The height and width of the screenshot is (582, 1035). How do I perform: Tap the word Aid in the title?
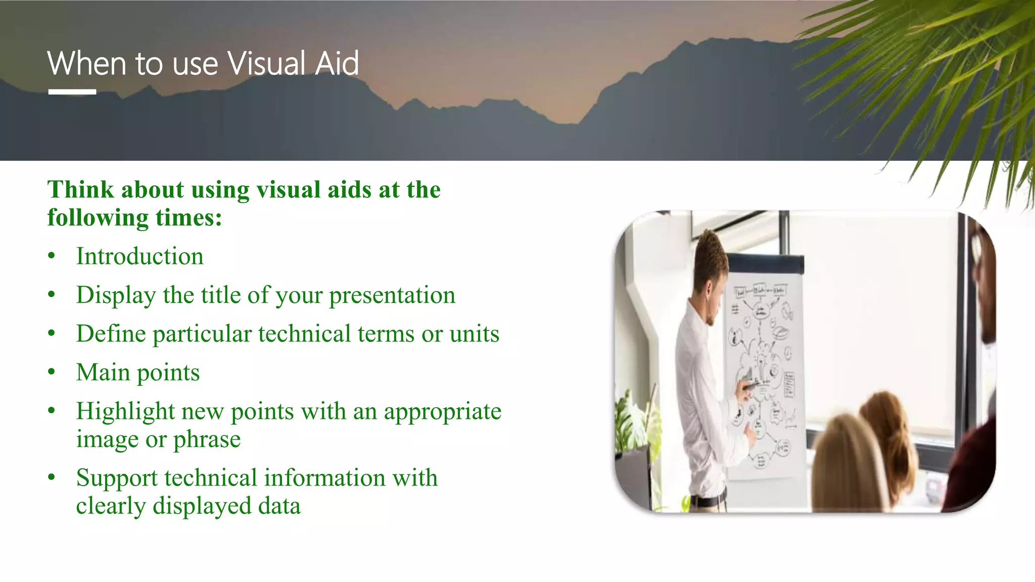click(337, 64)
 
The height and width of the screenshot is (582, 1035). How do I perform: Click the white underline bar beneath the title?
click(72, 92)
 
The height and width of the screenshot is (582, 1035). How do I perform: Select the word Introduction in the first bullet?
click(139, 256)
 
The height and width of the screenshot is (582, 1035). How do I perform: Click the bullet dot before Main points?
click(52, 372)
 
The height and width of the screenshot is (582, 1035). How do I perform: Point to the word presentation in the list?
click(392, 295)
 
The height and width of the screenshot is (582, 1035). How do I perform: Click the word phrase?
click(207, 440)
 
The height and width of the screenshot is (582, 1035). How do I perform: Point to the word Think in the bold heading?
click(81, 190)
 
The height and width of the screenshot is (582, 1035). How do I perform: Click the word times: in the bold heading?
click(189, 218)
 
